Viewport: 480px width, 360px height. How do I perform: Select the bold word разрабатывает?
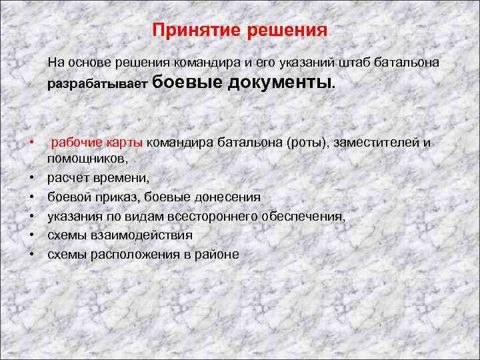(x=97, y=85)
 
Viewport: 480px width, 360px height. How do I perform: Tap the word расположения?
(x=133, y=254)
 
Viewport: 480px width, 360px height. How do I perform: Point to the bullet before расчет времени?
(x=31, y=179)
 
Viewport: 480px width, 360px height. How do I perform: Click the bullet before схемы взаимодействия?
(x=31, y=235)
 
